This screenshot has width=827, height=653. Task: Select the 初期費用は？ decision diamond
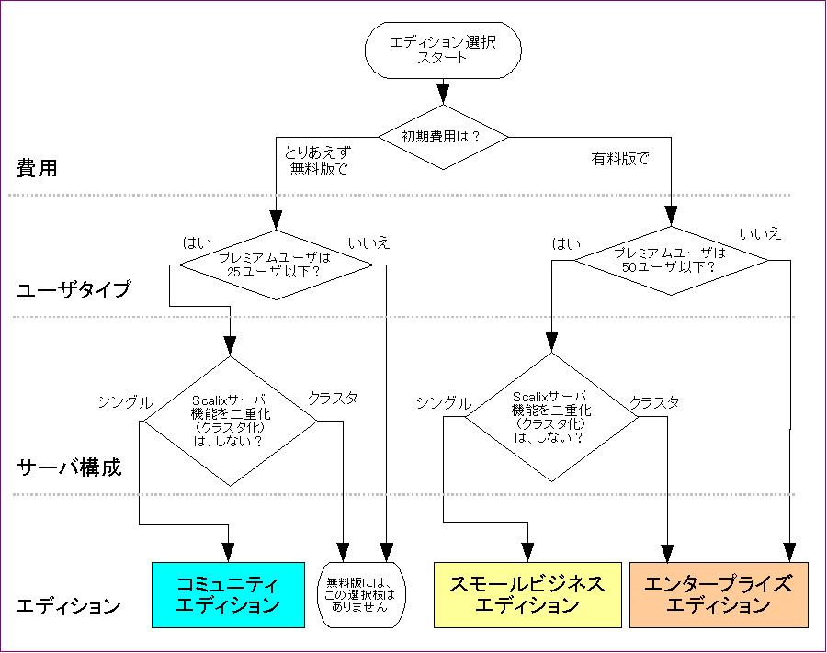tap(442, 136)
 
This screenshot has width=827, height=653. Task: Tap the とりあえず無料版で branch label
tap(317, 160)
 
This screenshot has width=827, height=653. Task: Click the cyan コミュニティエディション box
tap(227, 594)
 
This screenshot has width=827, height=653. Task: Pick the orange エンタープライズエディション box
tap(718, 594)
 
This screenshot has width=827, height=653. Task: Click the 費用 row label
tap(37, 168)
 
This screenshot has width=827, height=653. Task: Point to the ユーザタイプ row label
tap(74, 291)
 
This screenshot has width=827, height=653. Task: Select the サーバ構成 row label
tap(69, 467)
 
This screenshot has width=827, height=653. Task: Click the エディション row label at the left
tap(69, 607)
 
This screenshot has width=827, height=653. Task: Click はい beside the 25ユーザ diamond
tap(198, 242)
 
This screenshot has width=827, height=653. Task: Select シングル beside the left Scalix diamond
tap(125, 401)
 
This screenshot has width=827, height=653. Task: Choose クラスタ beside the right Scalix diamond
tap(654, 402)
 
